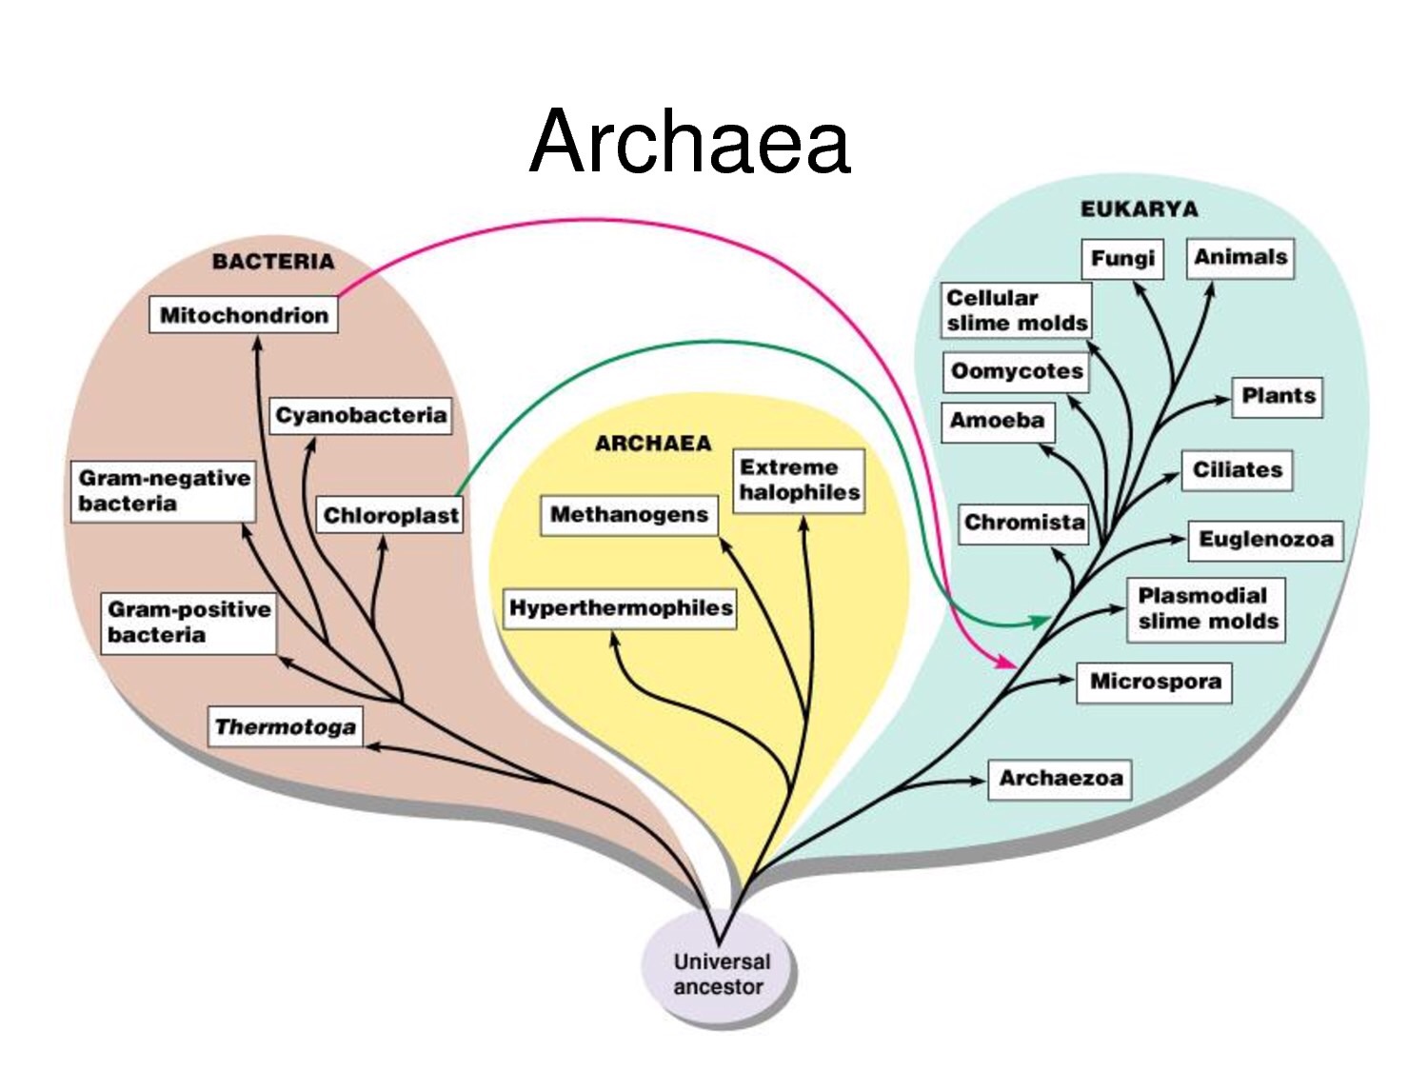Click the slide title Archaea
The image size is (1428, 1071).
(689, 143)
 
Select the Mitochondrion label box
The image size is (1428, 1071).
(244, 315)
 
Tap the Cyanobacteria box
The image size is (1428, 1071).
(361, 415)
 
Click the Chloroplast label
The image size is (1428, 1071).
(390, 515)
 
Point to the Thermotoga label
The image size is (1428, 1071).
(286, 727)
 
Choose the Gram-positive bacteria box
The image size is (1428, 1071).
(188, 622)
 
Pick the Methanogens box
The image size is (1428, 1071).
(629, 515)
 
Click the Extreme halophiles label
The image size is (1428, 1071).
(799, 480)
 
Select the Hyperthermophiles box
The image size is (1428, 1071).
(621, 607)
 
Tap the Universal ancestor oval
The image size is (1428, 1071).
(719, 974)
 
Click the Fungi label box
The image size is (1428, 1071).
(1122, 258)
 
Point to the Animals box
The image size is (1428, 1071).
(1240, 257)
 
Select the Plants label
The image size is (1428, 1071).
(1279, 396)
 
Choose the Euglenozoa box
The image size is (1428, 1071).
(1265, 540)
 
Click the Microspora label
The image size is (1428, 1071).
(1155, 682)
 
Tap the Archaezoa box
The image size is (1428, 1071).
(1060, 779)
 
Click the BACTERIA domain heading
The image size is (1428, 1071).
(273, 262)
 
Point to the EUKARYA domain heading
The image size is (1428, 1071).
(1139, 209)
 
